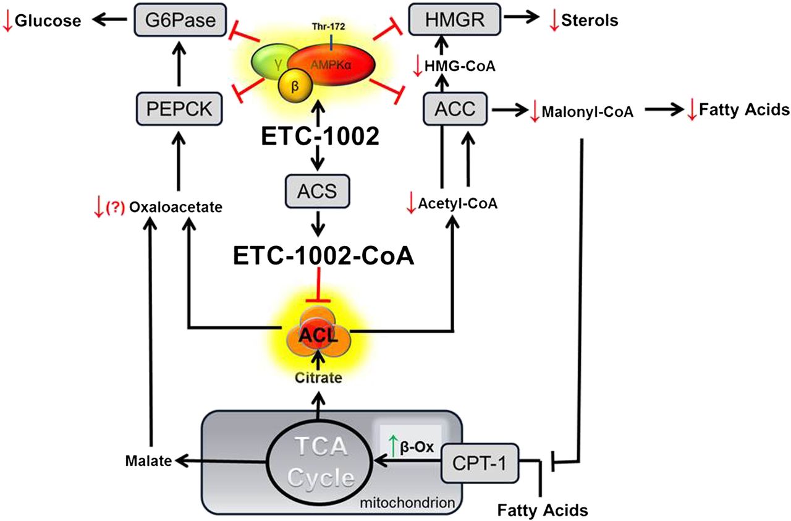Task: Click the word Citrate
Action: pyautogui.click(x=319, y=378)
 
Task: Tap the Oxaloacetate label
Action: pyautogui.click(x=176, y=208)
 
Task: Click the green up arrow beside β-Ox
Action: pyautogui.click(x=391, y=443)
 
